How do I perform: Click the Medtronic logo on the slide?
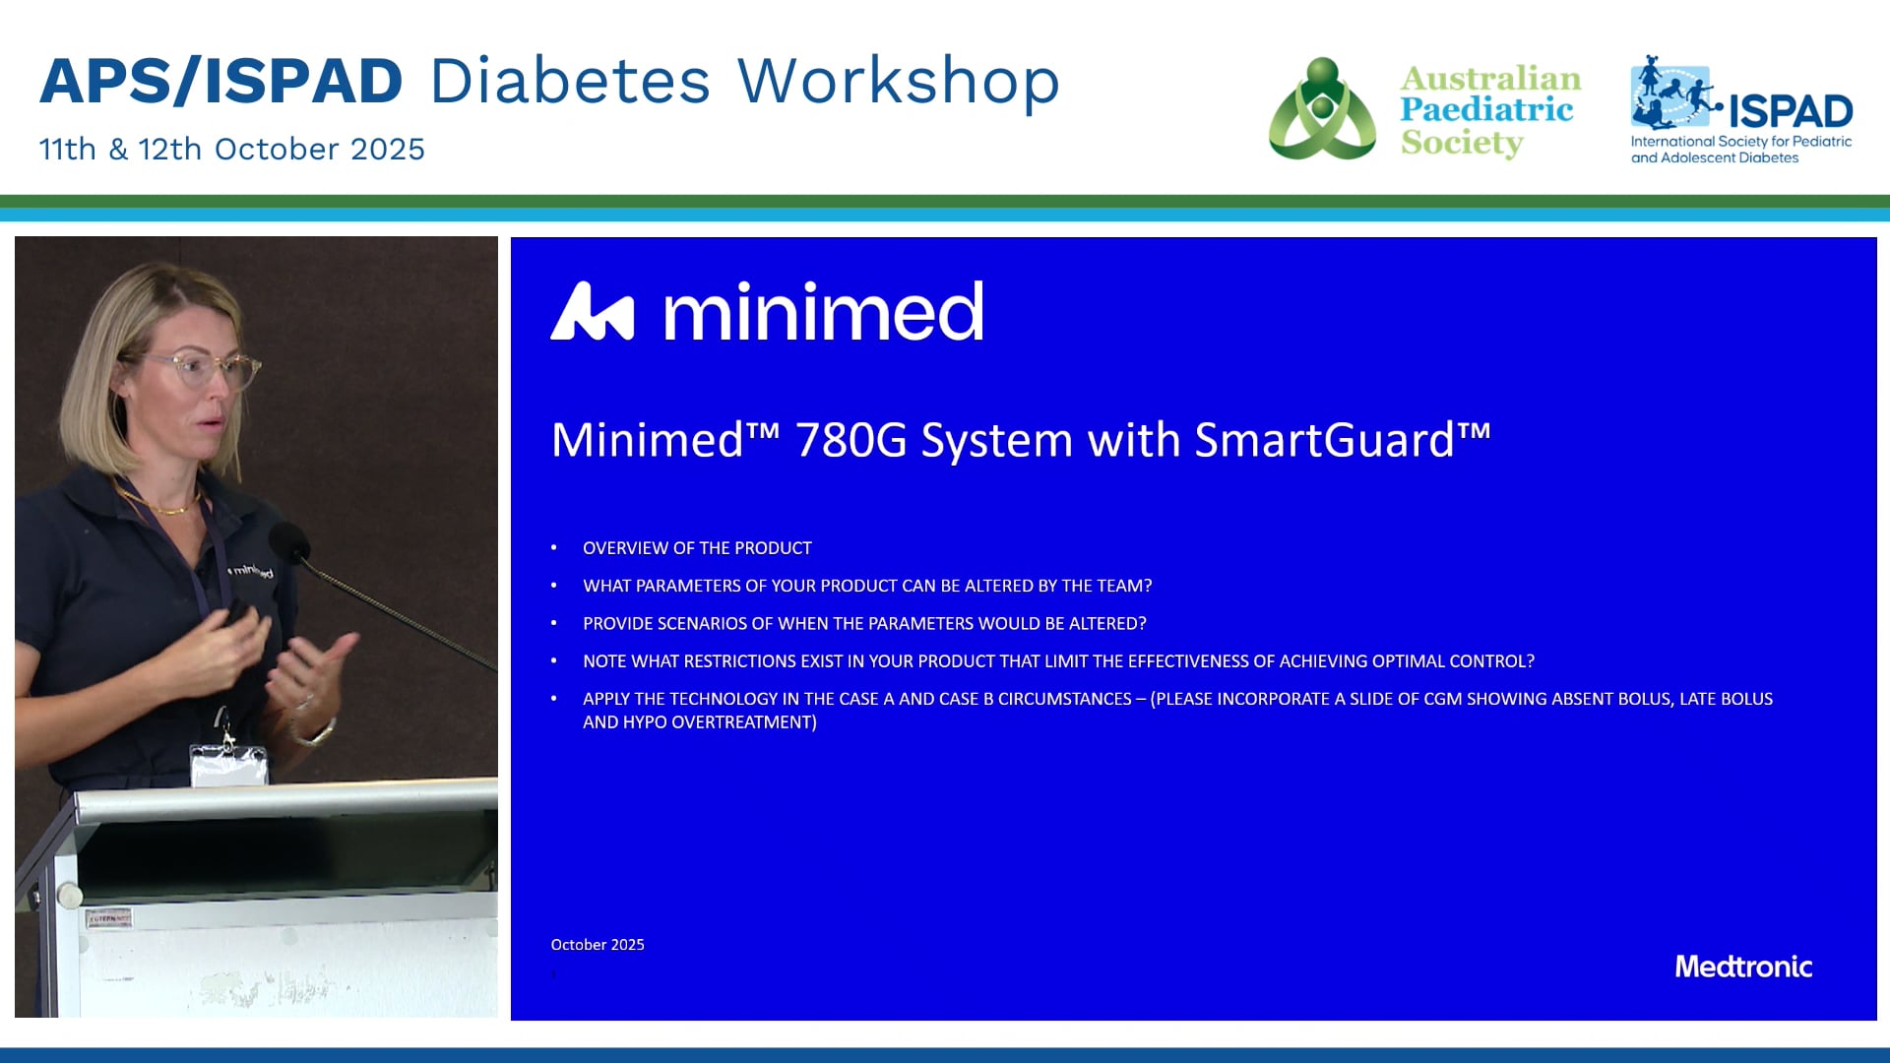[1743, 967]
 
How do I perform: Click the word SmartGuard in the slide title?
[1324, 439]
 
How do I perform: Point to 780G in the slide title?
[850, 440]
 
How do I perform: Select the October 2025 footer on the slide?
[598, 945]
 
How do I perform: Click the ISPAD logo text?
[1791, 111]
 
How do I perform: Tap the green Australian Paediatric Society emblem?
[1322, 108]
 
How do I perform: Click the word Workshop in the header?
[898, 81]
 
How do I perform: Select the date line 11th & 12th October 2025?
[232, 149]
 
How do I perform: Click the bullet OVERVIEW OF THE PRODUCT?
[697, 548]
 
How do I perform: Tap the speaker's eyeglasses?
[202, 370]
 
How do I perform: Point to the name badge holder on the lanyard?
[228, 764]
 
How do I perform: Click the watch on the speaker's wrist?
[317, 733]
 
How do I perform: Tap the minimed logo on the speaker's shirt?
[252, 571]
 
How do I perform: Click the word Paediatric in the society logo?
[1486, 110]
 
